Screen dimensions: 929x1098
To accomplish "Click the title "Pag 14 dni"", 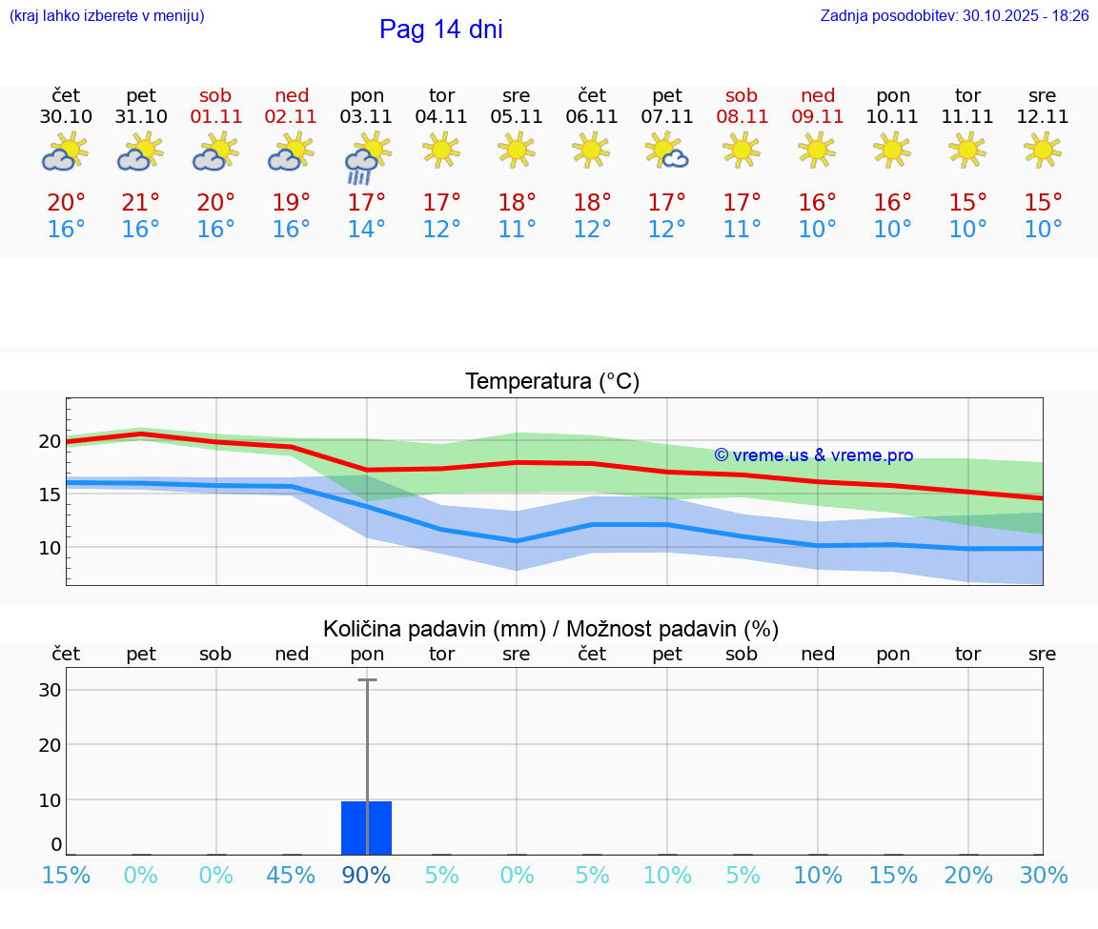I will click(x=440, y=30).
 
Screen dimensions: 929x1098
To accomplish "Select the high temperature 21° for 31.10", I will click(x=141, y=203).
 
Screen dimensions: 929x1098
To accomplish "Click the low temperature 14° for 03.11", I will click(x=366, y=230).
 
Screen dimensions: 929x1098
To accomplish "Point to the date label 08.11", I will click(x=742, y=117).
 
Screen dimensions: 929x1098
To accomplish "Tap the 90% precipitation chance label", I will click(x=366, y=875).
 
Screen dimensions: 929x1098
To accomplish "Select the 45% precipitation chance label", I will click(x=291, y=875).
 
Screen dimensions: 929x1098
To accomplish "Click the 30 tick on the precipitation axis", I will click(x=50, y=690).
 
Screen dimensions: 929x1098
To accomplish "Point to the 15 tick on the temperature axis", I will click(x=50, y=495).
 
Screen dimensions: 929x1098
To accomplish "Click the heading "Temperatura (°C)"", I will click(x=552, y=382).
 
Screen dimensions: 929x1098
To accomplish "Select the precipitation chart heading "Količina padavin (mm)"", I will click(x=434, y=629).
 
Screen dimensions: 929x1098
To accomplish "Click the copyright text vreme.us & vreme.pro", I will click(x=813, y=455).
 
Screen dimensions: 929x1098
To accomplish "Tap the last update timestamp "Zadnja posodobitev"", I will click(x=954, y=16).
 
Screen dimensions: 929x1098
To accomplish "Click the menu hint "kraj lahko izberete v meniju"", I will click(x=106, y=16).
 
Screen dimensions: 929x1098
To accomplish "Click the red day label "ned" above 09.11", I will click(x=818, y=95).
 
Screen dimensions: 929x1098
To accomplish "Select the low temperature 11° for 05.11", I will click(x=517, y=230).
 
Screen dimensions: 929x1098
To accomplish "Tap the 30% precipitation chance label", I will click(x=1043, y=875).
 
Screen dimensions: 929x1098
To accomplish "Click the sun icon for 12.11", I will click(x=1043, y=150).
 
